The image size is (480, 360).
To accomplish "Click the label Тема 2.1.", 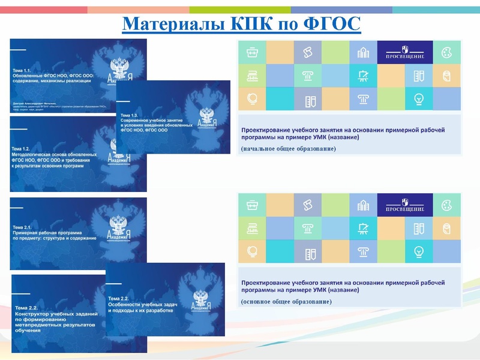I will click(25, 227).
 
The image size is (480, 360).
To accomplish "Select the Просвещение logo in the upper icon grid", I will click(405, 53).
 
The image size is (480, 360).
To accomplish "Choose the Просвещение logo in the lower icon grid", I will click(405, 205).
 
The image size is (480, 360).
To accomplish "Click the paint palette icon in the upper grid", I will click(446, 52).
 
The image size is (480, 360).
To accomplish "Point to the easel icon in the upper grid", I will click(363, 76).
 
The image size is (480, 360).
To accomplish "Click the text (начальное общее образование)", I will click(289, 148).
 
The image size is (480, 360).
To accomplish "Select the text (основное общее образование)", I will click(286, 300).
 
